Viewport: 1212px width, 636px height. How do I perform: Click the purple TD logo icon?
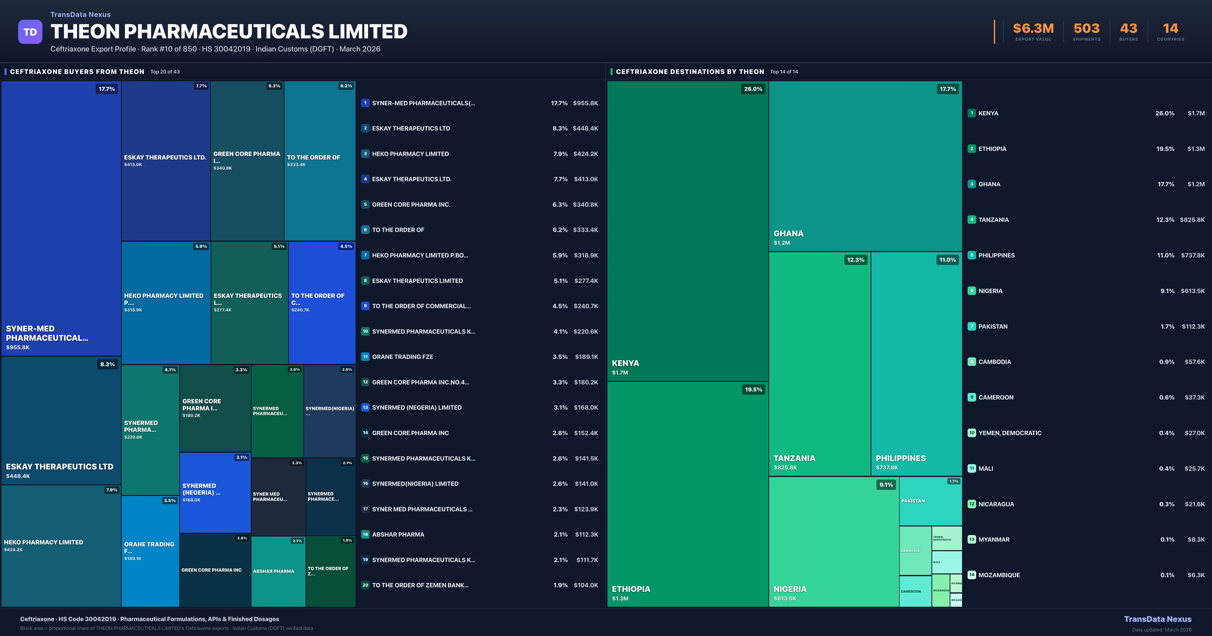[30, 32]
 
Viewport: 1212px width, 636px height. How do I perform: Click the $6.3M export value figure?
[1033, 29]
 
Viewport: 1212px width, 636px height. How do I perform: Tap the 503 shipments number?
[1086, 29]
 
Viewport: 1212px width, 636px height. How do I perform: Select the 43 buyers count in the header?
[1128, 29]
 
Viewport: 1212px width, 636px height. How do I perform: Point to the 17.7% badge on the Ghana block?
[948, 89]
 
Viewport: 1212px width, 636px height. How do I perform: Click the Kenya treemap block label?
[625, 363]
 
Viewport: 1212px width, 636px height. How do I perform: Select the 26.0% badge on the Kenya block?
[753, 89]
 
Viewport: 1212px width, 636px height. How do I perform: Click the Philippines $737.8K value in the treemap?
[887, 468]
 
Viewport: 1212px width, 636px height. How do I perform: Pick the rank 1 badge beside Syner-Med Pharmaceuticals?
[365, 103]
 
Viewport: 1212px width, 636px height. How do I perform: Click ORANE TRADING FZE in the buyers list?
[402, 357]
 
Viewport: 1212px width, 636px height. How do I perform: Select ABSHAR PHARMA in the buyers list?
[398, 534]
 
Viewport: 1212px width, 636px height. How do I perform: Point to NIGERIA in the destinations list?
[990, 291]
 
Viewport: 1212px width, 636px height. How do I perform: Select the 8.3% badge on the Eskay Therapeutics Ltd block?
[107, 364]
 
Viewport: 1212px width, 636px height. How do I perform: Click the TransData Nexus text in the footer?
[1157, 619]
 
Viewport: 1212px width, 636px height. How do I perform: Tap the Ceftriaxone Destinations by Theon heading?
[690, 71]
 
